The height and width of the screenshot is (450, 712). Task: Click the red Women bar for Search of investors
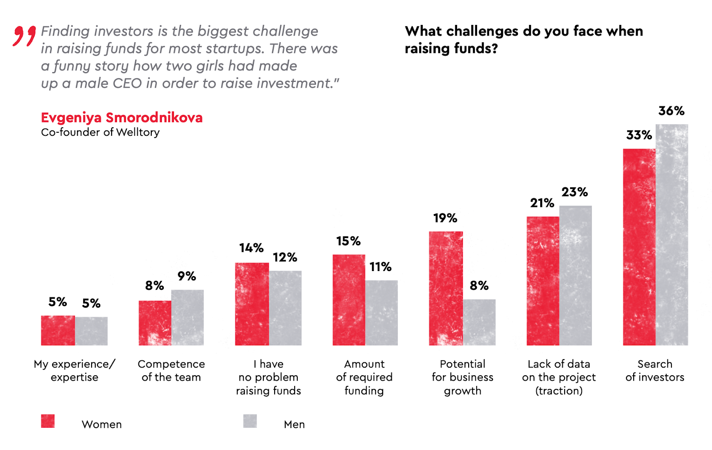tap(639, 247)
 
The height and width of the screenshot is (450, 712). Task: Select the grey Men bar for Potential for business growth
tap(479, 322)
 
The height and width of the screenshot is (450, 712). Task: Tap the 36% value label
tap(671, 111)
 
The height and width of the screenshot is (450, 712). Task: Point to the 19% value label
tap(445, 218)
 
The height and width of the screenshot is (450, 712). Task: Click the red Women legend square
tap(48, 421)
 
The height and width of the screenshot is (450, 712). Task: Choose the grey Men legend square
tap(250, 421)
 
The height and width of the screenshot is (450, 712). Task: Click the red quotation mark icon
tap(24, 36)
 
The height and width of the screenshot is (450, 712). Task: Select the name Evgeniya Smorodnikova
tap(121, 118)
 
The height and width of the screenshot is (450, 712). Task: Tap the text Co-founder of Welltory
tap(100, 132)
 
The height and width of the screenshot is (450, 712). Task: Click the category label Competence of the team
tap(171, 370)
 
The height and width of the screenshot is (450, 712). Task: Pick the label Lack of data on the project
tap(559, 377)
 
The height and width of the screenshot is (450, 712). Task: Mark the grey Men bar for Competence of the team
tap(187, 317)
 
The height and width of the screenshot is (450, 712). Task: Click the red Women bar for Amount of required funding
tap(349, 300)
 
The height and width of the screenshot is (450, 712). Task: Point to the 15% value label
tap(348, 241)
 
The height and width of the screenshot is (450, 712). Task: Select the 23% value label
tap(574, 192)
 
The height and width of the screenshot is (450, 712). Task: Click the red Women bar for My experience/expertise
tap(58, 330)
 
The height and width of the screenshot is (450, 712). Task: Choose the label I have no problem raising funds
tap(268, 377)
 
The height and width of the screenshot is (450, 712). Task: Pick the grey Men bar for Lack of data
tap(575, 276)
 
